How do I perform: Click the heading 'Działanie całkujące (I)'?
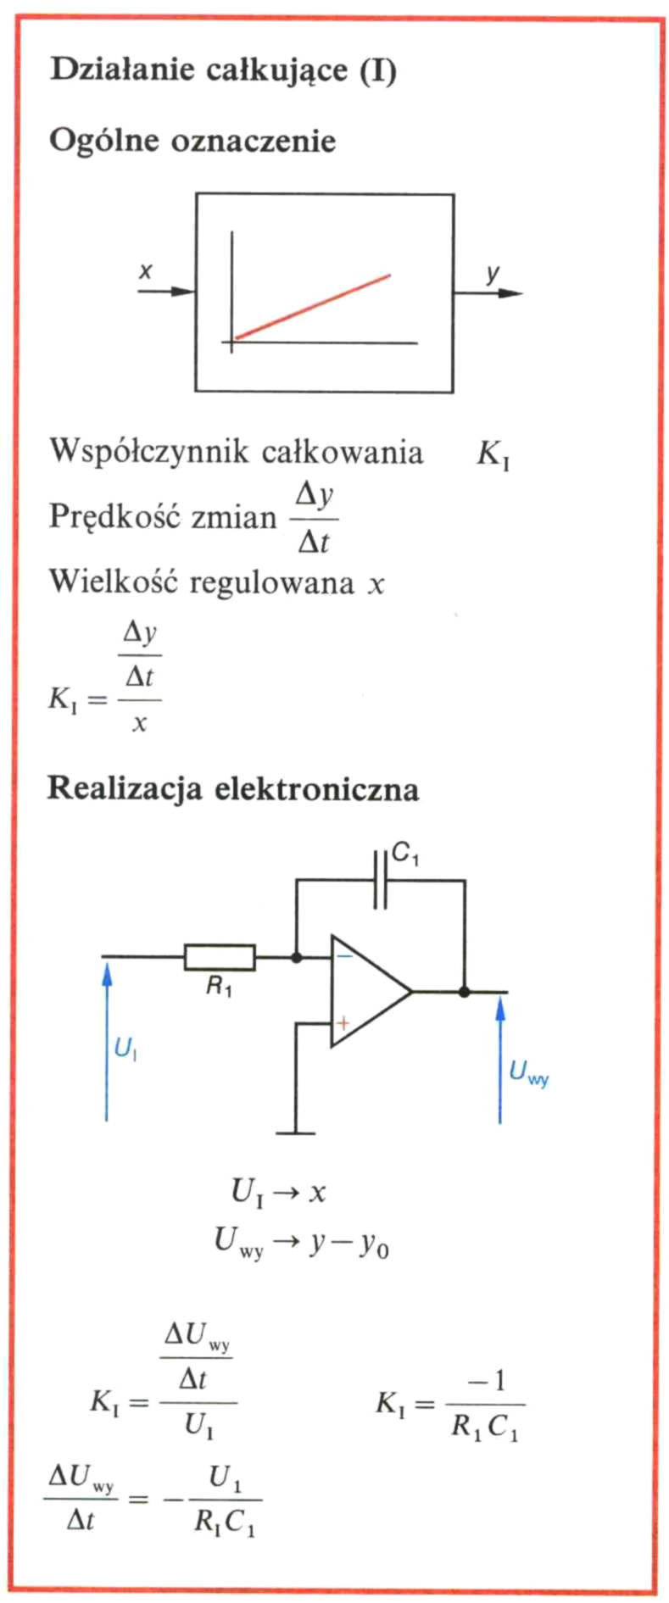(x=223, y=70)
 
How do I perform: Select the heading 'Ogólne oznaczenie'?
(x=192, y=141)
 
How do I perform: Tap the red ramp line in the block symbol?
(x=312, y=307)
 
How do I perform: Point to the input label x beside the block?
(x=146, y=271)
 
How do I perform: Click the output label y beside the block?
(x=493, y=274)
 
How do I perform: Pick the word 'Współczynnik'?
(x=149, y=451)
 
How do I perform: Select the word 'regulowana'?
(x=271, y=582)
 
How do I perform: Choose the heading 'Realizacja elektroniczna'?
(x=233, y=788)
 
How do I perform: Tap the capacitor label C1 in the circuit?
(x=405, y=856)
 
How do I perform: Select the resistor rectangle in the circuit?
(x=220, y=957)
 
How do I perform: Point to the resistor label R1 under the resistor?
(x=219, y=987)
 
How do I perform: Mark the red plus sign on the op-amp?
(x=343, y=1023)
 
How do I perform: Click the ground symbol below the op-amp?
(x=296, y=1132)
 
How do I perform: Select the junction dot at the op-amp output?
(x=464, y=991)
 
